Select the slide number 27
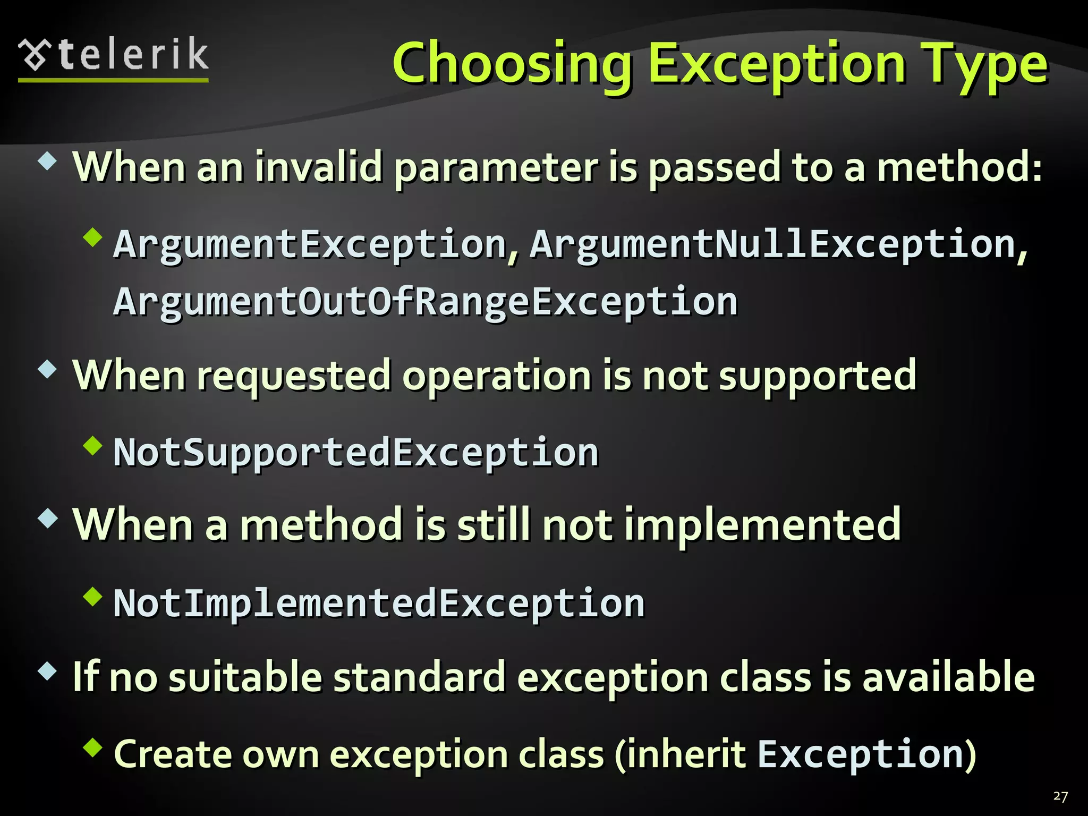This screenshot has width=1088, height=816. (x=1060, y=796)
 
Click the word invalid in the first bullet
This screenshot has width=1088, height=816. (x=318, y=167)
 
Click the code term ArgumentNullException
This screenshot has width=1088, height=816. (x=773, y=244)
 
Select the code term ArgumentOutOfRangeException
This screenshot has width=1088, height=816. (x=426, y=302)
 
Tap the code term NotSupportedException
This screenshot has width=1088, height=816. (x=356, y=453)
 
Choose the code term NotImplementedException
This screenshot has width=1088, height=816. (x=379, y=603)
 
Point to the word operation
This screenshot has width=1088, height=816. (x=497, y=376)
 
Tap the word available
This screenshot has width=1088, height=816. (x=948, y=677)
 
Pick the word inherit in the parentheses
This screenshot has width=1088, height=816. (x=685, y=754)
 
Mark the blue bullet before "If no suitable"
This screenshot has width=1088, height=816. (x=48, y=671)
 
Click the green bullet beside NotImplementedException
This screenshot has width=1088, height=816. (x=92, y=596)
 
